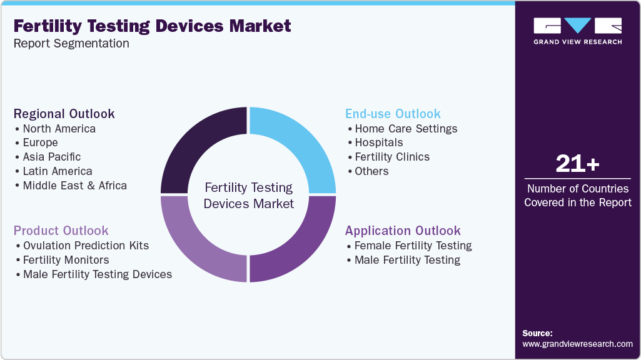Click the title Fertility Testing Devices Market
click(x=152, y=26)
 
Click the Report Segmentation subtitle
click(x=71, y=44)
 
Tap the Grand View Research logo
click(x=577, y=31)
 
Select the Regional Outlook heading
click(x=64, y=114)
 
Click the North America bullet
click(x=59, y=129)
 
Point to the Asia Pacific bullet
click(x=51, y=157)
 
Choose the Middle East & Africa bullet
click(x=74, y=186)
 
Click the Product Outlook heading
click(x=61, y=231)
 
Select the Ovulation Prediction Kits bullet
click(x=86, y=246)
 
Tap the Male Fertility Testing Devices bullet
click(x=97, y=274)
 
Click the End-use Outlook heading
click(x=393, y=114)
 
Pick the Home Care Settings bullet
click(x=405, y=129)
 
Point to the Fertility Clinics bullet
click(x=391, y=157)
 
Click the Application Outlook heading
click(x=403, y=231)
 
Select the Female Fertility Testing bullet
click(x=413, y=246)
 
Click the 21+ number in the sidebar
click(x=577, y=164)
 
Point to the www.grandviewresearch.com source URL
click(x=577, y=344)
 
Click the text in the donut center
click(x=248, y=196)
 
